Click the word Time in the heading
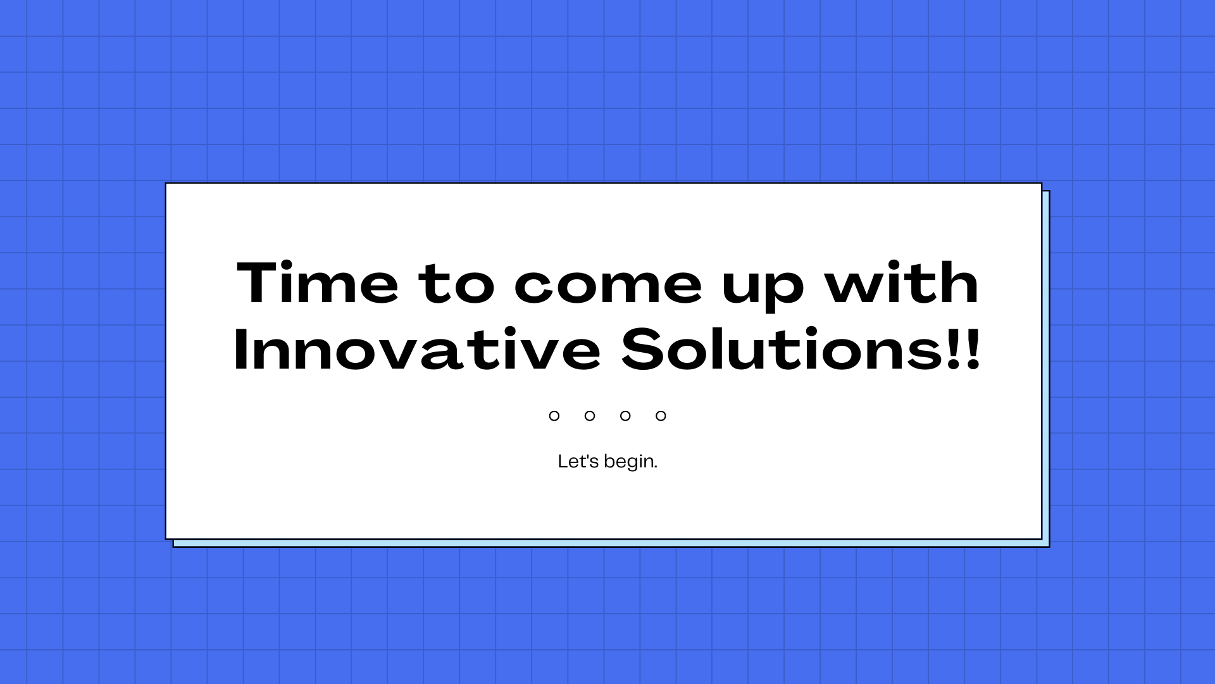318,282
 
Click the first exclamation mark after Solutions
954,349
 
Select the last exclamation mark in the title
973,349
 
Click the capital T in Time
260,282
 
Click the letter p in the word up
785,293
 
